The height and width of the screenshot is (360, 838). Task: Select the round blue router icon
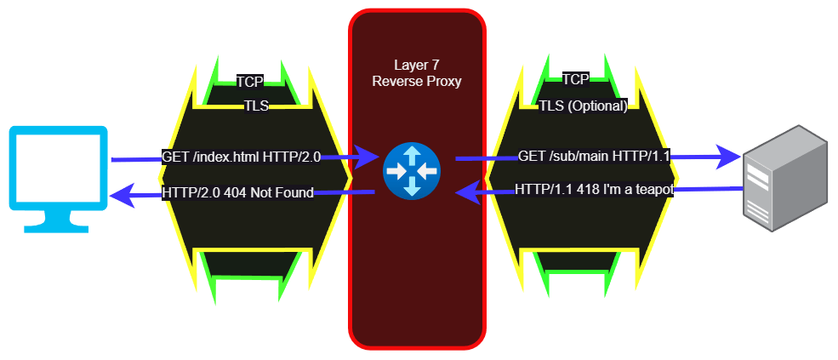412,170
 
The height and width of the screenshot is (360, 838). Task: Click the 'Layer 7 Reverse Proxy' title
416,73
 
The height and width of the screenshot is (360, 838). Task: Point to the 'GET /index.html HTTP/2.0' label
241,157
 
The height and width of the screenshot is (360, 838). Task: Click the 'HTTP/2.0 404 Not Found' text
237,192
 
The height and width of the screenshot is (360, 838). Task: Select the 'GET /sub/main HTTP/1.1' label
595,157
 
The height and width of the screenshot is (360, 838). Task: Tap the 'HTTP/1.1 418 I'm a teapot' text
594,190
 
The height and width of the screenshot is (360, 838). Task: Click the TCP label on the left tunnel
249,82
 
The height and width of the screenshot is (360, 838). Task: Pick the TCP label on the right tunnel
575,79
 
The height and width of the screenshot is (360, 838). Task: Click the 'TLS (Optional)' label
583,106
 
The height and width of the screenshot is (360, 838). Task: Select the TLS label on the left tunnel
255,106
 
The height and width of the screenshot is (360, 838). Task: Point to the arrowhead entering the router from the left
368,157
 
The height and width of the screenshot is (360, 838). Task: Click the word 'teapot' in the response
653,190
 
